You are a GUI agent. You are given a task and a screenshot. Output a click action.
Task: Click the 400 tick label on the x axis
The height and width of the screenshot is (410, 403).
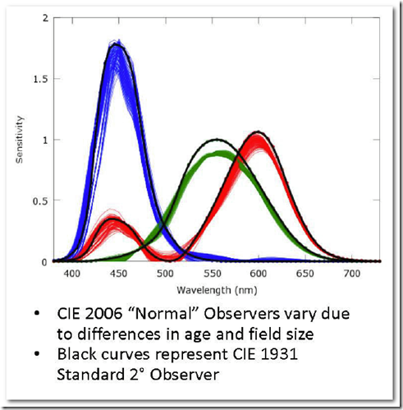72,274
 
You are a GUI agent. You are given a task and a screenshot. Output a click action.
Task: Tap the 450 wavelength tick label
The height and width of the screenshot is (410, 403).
119,274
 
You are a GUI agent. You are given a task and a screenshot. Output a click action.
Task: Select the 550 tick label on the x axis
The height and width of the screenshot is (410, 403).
213,274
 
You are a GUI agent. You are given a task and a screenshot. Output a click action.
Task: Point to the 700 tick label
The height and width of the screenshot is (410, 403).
352,274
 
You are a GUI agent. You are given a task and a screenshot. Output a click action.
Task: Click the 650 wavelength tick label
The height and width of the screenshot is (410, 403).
305,274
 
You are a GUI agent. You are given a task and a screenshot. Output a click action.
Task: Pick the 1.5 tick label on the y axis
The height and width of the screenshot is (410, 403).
40,79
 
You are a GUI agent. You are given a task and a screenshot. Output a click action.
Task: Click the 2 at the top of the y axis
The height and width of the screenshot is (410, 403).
45,18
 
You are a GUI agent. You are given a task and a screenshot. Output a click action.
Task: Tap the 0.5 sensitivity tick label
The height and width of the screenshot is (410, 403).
40,201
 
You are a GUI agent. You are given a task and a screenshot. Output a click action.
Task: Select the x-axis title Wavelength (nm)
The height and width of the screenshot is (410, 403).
217,290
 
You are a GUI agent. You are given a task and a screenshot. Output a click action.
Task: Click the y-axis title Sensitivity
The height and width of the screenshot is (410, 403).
20,140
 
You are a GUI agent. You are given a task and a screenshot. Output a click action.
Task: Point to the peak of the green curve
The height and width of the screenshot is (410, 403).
218,140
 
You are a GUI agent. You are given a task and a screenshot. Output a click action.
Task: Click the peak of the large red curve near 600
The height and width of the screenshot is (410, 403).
258,132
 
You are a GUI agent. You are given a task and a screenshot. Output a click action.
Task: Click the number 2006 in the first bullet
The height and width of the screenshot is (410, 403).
103,314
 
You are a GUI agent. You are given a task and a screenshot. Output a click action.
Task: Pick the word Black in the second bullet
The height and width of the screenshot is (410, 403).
76,354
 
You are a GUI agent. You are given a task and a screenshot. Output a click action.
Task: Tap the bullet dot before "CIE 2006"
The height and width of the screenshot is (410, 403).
37,314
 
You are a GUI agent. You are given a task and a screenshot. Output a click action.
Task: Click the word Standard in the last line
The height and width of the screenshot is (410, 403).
91,375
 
